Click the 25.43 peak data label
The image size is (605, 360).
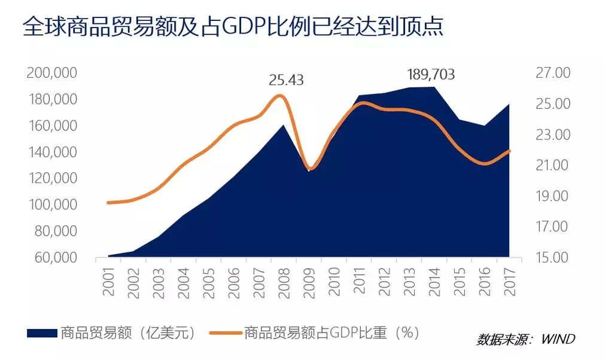coord(285,80)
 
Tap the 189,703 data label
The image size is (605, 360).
coord(431,75)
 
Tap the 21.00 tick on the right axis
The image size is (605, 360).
coord(554,166)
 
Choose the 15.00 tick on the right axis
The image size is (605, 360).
coord(554,258)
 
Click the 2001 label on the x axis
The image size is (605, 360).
coord(109,280)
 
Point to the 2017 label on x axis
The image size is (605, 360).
coord(511,280)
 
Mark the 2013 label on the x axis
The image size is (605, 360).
coord(411,280)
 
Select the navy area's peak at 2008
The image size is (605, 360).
coord(284,124)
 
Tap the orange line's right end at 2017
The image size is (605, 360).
coord(509,151)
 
